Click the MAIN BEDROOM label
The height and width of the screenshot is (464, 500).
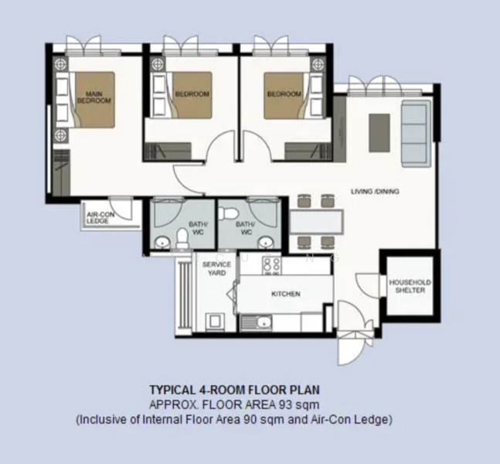point(94,97)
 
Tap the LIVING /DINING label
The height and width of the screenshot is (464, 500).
point(375,192)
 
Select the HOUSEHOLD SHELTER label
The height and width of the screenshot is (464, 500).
point(410,286)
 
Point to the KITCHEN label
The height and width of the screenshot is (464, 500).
point(286,294)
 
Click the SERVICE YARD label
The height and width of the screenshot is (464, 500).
point(216,268)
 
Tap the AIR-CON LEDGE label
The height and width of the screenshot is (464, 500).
point(100,217)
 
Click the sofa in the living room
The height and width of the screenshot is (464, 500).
point(416,133)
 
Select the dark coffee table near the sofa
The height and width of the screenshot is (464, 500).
point(379,133)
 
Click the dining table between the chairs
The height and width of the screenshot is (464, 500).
point(317,222)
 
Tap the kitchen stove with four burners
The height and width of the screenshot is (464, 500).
point(271,266)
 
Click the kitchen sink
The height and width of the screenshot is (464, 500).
point(256,322)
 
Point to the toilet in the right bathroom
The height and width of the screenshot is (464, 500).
point(230,212)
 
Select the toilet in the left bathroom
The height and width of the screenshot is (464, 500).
point(182,238)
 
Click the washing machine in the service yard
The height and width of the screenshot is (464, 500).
point(215,322)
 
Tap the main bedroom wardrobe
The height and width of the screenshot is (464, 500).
point(62,172)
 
